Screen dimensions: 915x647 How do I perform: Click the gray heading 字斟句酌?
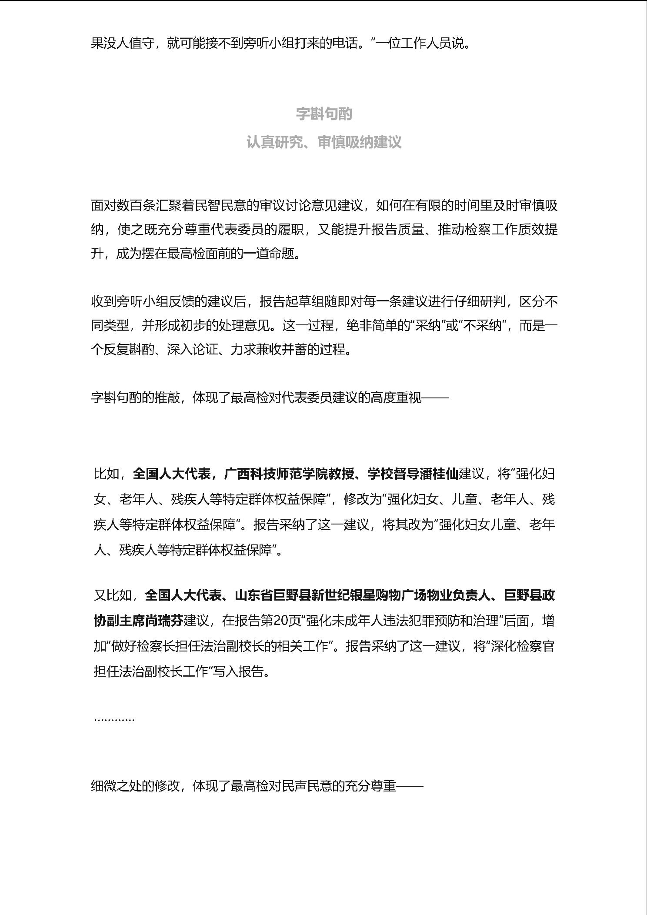[x=323, y=114]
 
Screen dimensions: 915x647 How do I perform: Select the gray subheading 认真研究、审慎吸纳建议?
[x=323, y=142]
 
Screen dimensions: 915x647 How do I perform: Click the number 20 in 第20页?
[x=281, y=621]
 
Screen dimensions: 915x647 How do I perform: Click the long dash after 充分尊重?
[x=410, y=786]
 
